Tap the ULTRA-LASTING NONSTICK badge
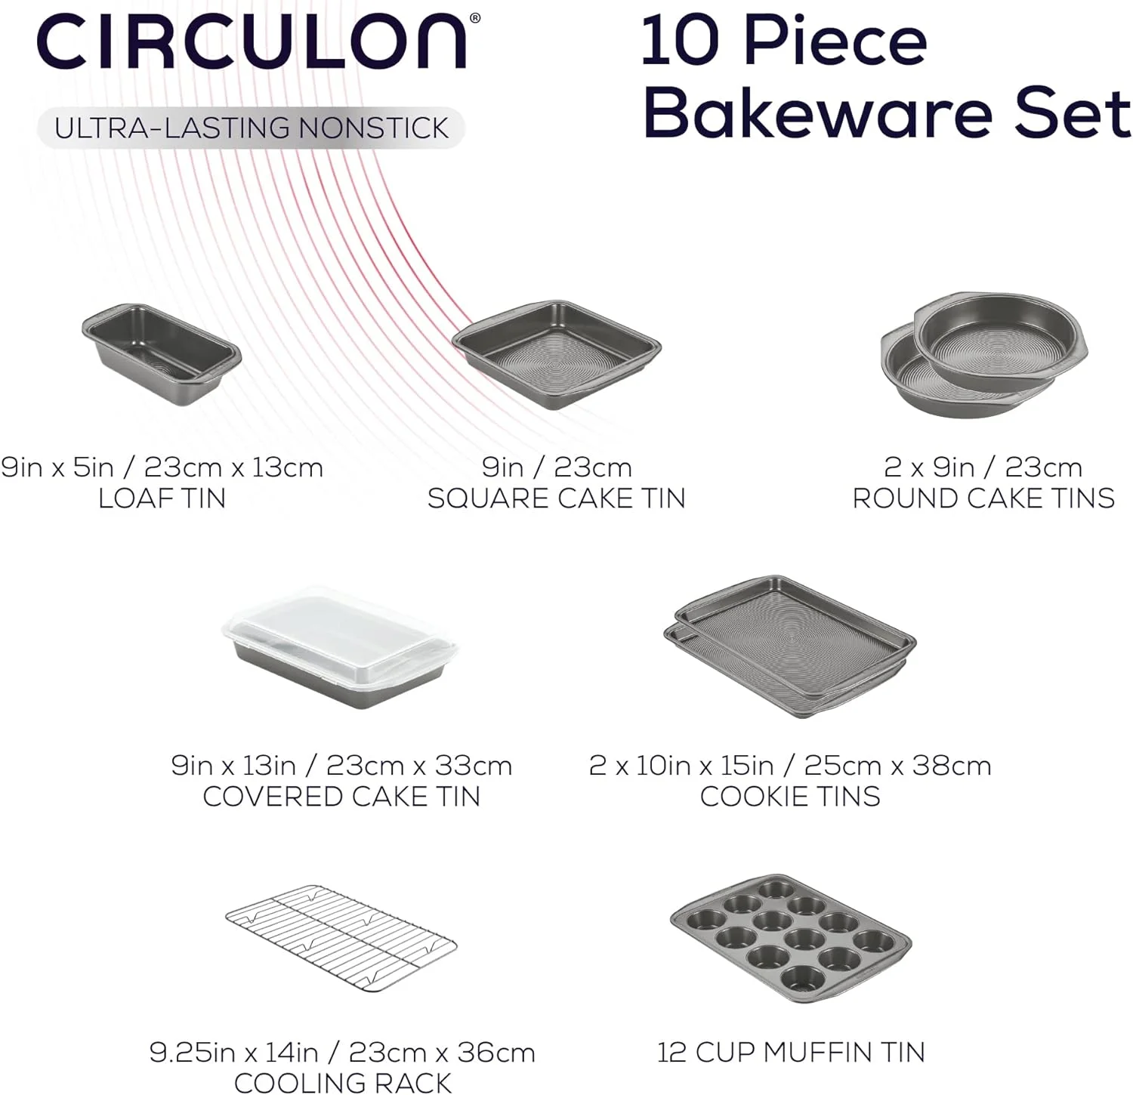(x=252, y=128)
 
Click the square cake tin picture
(x=557, y=355)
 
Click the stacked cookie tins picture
(x=790, y=646)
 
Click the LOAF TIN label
(x=162, y=498)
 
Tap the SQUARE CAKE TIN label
(x=557, y=498)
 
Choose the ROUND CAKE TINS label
(x=983, y=498)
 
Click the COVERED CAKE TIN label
(x=341, y=797)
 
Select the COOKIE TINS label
(x=790, y=797)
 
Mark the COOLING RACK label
(x=342, y=1082)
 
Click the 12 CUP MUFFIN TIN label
(x=791, y=1052)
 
